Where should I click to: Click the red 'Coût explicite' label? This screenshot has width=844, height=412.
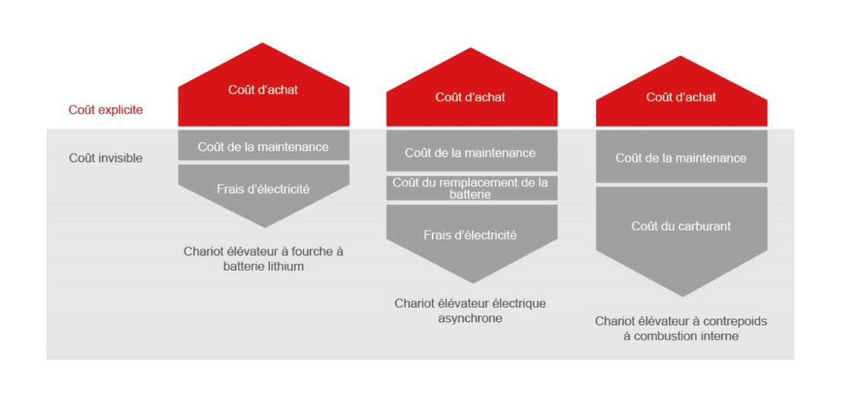click(106, 109)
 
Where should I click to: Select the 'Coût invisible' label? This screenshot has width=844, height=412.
click(106, 158)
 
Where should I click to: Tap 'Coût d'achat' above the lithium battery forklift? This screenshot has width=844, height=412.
click(263, 90)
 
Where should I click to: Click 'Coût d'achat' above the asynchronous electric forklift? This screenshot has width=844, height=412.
click(471, 97)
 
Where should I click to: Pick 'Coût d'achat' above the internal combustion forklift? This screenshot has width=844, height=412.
click(681, 97)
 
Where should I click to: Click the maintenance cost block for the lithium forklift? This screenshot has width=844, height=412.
click(263, 145)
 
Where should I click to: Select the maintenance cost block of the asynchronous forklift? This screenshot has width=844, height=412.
click(471, 151)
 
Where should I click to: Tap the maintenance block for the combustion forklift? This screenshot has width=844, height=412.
click(681, 157)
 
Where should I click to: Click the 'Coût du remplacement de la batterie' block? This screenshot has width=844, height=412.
click(471, 189)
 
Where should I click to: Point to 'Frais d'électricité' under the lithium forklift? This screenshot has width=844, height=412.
click(263, 189)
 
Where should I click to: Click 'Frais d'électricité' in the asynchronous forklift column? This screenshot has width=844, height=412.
click(471, 235)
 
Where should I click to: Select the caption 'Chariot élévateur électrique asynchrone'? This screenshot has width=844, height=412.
click(471, 310)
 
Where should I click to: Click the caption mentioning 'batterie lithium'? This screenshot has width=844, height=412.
click(263, 258)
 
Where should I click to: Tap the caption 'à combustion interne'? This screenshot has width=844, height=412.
click(681, 336)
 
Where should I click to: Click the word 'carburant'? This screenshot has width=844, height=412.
click(704, 226)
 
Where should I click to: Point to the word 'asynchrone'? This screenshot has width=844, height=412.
click(470, 318)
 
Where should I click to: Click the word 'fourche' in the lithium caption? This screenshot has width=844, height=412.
click(305, 251)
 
